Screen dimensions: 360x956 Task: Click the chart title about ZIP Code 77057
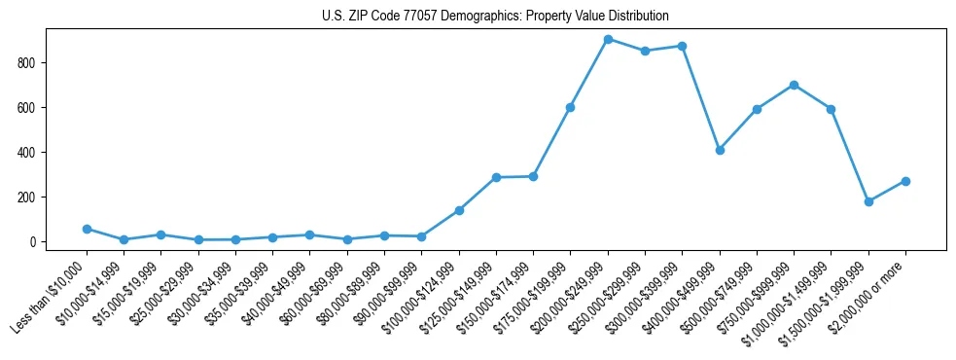(x=495, y=17)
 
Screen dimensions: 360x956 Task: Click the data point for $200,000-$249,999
(x=608, y=39)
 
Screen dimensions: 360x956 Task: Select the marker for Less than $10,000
(x=87, y=229)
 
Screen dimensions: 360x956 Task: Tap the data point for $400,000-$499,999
(x=720, y=150)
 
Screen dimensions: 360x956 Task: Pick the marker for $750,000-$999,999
(x=794, y=85)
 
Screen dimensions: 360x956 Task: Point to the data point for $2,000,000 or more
(x=905, y=181)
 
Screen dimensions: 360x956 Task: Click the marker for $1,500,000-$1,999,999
(x=868, y=201)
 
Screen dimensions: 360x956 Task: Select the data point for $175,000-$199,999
(x=570, y=107)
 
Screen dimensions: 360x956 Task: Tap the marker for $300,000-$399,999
(x=682, y=46)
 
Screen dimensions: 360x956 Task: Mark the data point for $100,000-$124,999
(x=459, y=210)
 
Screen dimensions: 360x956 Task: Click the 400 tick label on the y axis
(x=33, y=152)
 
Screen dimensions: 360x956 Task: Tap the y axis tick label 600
(x=33, y=107)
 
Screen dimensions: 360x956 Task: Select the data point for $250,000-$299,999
(x=645, y=51)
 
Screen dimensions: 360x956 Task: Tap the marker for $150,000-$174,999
(x=533, y=176)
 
